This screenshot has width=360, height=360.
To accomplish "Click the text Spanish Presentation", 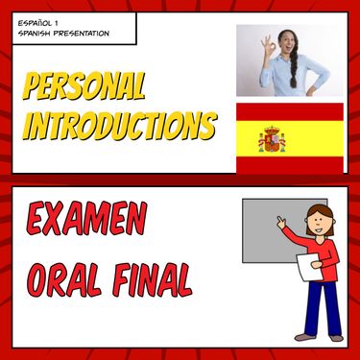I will coord(63,35).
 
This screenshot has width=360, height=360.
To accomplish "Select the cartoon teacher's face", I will coord(321,223).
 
